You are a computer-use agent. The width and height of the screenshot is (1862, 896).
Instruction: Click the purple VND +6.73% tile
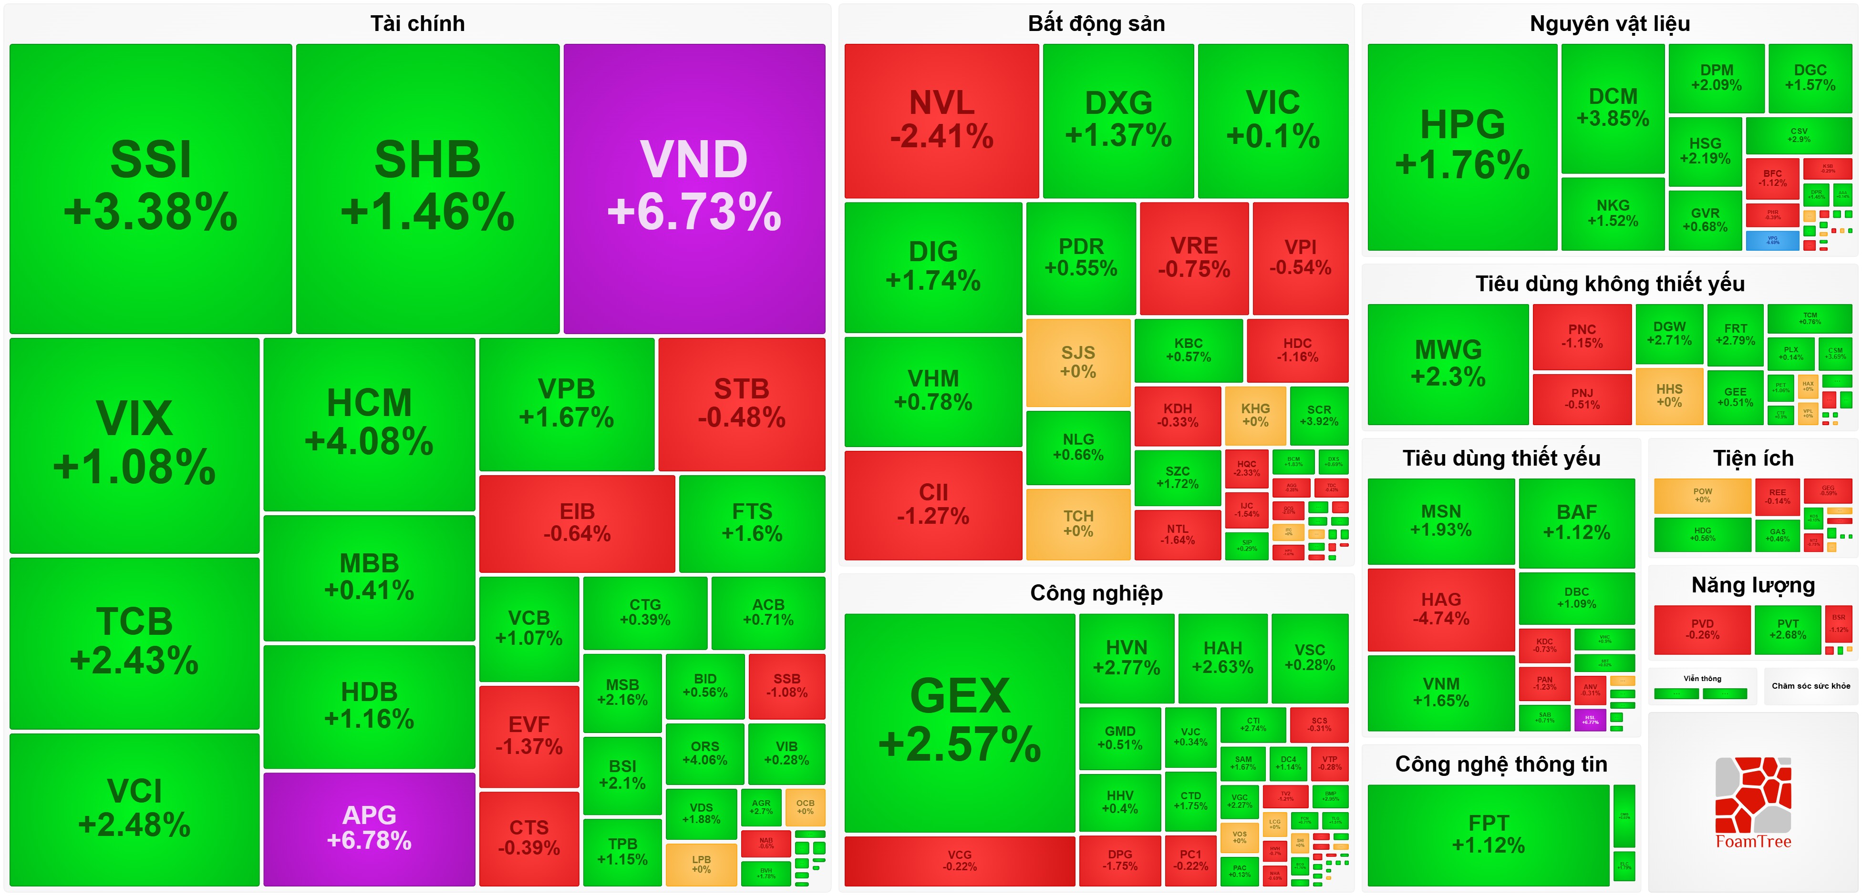[694, 188]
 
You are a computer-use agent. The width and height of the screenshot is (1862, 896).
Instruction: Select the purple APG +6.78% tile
[369, 828]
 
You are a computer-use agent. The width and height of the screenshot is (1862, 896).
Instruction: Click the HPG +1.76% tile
[1462, 147]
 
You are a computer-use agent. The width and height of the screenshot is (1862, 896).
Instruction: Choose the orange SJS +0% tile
[1078, 362]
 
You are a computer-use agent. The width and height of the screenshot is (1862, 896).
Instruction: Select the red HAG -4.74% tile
[1440, 609]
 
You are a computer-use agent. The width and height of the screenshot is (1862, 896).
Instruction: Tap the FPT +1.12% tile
[1488, 834]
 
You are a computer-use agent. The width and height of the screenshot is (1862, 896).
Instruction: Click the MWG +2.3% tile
[1448, 364]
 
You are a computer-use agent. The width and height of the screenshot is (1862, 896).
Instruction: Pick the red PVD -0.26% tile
[1702, 630]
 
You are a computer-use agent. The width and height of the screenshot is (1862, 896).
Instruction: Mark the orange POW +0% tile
[1702, 496]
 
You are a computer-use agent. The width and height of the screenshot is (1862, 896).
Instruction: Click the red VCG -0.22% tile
[959, 861]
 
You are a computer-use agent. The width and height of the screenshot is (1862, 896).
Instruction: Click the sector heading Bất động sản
[1096, 24]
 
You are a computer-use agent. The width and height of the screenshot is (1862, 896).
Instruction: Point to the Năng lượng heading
[1753, 585]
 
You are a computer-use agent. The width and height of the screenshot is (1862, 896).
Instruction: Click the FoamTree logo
[1753, 803]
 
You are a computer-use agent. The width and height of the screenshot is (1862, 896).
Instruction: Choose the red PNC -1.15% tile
[1582, 336]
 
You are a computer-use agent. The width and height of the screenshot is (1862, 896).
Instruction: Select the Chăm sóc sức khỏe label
[1810, 686]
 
